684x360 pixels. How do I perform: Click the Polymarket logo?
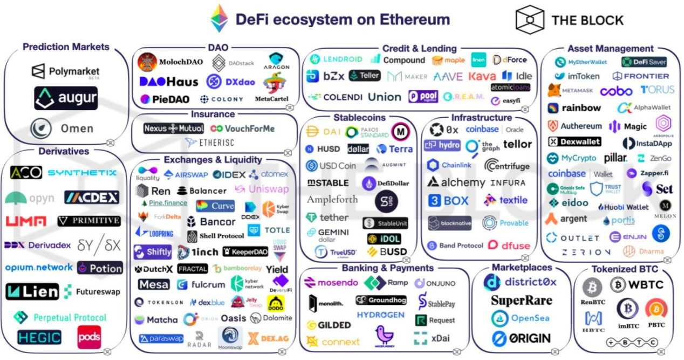pos(65,71)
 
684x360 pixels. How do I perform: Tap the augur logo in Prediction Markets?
pos(66,98)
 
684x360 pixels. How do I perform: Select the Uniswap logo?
pos(262,189)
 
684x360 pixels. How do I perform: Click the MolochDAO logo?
pos(170,62)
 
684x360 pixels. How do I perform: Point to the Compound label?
pos(398,60)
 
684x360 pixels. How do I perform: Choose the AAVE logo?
pos(448,77)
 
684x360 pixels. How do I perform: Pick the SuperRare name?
pos(521,300)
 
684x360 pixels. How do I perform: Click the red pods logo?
pos(88,337)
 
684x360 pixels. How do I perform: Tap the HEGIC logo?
pos(39,337)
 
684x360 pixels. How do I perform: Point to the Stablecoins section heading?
pos(359,117)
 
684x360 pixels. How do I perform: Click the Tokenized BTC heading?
pos(625,268)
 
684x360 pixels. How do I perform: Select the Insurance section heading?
pos(213,114)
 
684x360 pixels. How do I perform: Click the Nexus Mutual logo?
pos(174,128)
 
